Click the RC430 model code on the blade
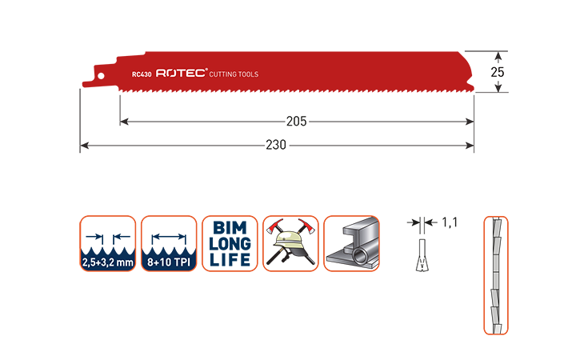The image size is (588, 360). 142,74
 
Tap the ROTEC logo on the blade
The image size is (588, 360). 182,73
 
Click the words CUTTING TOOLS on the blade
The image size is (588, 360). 234,74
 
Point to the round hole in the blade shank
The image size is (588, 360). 101,76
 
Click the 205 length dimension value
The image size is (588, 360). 296,121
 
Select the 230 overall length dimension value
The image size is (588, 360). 276,145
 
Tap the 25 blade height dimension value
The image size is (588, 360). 498,72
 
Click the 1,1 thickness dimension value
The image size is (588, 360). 450,222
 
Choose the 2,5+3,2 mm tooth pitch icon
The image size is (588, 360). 108,243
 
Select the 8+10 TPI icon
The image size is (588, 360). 169,243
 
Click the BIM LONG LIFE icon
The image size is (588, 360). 230,243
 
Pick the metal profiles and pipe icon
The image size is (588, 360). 351,243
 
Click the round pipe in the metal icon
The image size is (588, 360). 361,257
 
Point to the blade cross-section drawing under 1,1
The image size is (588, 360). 422,255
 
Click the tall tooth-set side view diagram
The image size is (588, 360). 496,275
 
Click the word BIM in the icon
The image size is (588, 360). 230,228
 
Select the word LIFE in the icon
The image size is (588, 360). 230,259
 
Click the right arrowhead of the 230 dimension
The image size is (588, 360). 470,145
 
